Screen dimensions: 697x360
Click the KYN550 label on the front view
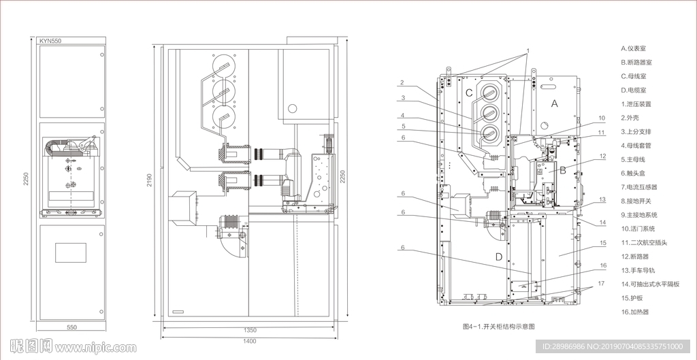[50, 41]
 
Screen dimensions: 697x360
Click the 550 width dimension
[71, 327]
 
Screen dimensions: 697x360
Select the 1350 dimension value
[250, 330]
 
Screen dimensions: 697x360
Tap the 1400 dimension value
[250, 342]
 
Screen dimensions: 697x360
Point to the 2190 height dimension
[149, 180]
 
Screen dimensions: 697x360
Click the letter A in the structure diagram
[554, 103]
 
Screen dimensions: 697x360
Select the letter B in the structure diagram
[562, 169]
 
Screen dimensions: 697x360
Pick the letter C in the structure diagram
[469, 93]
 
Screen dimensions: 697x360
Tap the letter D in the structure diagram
[499, 257]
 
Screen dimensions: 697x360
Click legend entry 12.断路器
[635, 257]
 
